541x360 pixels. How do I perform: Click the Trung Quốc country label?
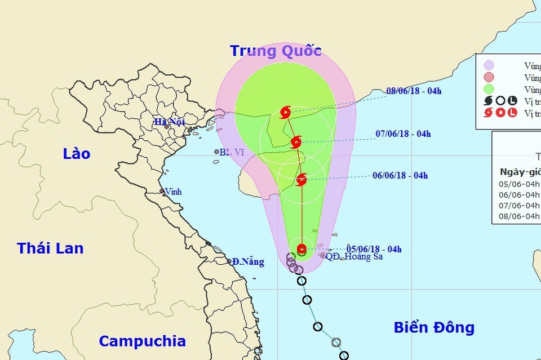(x=276, y=51)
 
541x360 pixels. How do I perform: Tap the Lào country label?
(x=77, y=153)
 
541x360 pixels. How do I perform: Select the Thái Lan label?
(x=50, y=248)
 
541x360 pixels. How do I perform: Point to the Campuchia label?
(x=142, y=341)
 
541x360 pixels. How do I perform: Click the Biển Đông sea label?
(x=434, y=327)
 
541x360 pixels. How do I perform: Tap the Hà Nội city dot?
(x=166, y=127)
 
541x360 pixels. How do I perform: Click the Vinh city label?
(x=173, y=192)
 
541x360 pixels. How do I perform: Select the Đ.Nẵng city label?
(x=248, y=261)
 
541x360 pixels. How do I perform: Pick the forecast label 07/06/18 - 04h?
(x=403, y=134)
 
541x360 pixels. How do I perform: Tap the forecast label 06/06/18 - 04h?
(x=400, y=175)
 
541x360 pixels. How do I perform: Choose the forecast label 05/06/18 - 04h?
(x=374, y=249)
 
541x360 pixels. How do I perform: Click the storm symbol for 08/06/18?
(x=285, y=113)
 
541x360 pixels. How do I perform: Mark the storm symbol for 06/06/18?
(x=301, y=180)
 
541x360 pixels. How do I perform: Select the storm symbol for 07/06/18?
(x=296, y=142)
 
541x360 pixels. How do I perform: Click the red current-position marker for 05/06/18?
(x=302, y=248)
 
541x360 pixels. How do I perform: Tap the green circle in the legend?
(x=489, y=89)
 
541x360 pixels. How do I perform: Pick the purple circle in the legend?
(x=489, y=65)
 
